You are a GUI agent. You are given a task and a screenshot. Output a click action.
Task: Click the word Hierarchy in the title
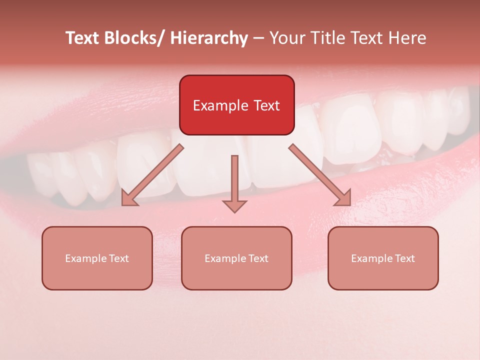(208, 38)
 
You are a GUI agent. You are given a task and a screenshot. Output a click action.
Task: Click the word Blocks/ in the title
(130, 38)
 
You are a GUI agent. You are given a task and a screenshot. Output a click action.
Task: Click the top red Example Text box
(236, 105)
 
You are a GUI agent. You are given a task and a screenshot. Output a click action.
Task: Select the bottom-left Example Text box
(97, 258)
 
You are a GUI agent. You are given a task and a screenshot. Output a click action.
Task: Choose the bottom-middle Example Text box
(236, 258)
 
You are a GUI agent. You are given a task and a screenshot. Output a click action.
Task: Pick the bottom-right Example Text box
(383, 258)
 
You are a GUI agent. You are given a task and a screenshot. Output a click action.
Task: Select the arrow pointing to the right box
(320, 175)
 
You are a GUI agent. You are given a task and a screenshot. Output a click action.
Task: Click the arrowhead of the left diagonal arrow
(128, 198)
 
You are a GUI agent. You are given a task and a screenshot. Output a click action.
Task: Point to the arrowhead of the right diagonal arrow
(344, 198)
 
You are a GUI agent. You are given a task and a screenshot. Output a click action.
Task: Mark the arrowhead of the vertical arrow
(234, 205)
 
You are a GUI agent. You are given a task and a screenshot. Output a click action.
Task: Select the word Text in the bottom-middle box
(258, 258)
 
